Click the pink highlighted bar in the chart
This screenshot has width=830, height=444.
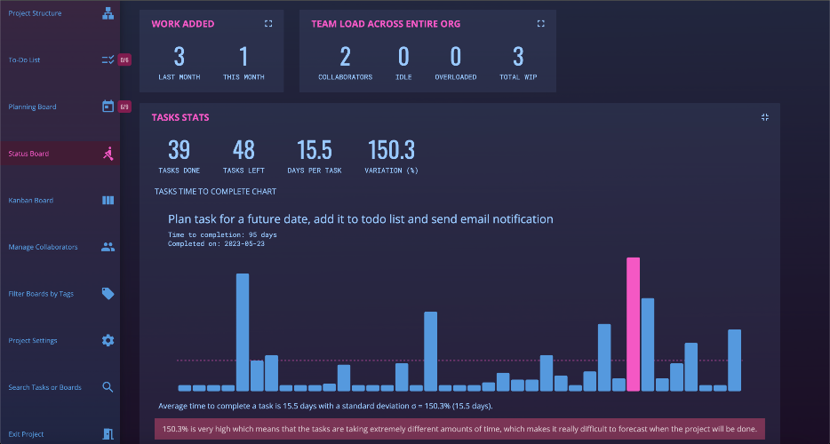point(633,324)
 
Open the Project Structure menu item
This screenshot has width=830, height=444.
point(35,13)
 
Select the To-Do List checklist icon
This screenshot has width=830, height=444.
point(108,59)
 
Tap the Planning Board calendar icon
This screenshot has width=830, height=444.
point(108,107)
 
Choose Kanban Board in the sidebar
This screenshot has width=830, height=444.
point(31,201)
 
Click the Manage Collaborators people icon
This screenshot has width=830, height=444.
point(108,247)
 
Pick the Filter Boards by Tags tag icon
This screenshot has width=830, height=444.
point(108,294)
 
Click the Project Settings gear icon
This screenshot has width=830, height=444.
point(108,340)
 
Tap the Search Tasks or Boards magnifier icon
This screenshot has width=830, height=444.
point(108,387)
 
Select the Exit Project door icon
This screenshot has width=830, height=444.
point(108,434)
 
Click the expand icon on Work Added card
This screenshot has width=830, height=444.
point(268,23)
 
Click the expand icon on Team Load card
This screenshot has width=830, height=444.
point(540,23)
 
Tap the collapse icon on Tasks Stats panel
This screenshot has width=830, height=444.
point(765,117)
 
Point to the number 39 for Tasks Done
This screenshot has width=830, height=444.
point(179,150)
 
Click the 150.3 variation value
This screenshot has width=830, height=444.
point(391,150)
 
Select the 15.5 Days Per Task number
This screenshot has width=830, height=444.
point(315,150)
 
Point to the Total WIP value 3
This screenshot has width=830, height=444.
point(518,57)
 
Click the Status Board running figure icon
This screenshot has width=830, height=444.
point(108,154)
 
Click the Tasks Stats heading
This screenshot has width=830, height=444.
point(180,117)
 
